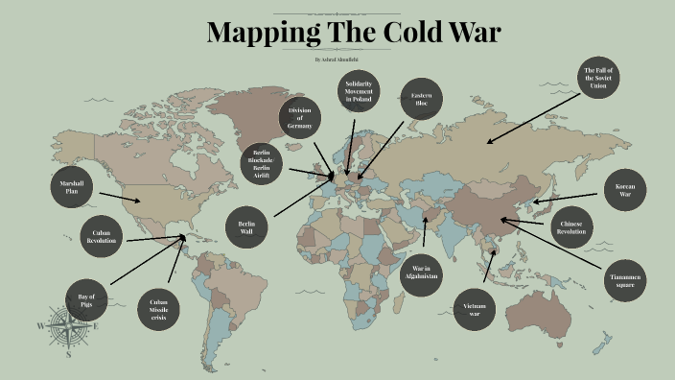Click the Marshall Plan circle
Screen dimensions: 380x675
point(71,186)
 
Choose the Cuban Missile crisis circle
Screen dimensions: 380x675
point(158,310)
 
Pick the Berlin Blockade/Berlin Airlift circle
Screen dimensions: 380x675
point(263,163)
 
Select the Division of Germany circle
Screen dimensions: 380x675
point(300,119)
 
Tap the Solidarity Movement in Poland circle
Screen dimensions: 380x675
point(359,92)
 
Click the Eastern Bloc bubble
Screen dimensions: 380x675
point(421,98)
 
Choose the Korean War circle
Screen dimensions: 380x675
point(625,190)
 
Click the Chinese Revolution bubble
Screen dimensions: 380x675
point(571,227)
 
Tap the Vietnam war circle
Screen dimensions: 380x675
point(475,309)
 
